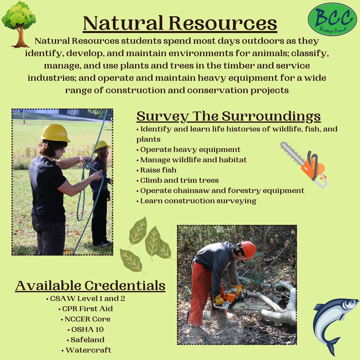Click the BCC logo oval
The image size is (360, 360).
(332, 19)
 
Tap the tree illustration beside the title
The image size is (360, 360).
(19, 24)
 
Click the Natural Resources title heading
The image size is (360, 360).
(180, 23)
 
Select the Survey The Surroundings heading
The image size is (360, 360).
(228, 116)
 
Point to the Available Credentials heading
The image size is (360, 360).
(90, 285)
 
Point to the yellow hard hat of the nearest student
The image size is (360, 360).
(55, 133)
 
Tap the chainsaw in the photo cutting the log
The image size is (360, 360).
(243, 303)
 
